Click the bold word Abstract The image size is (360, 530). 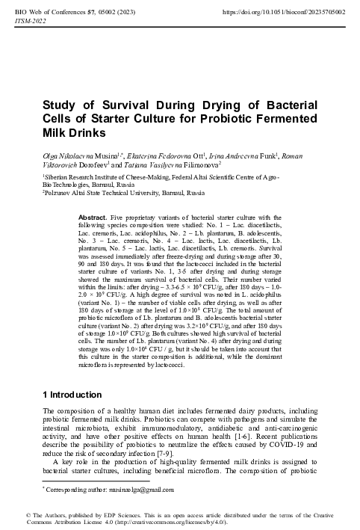pyautogui.click(x=92, y=216)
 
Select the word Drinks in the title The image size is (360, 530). pyautogui.click(x=73, y=133)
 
